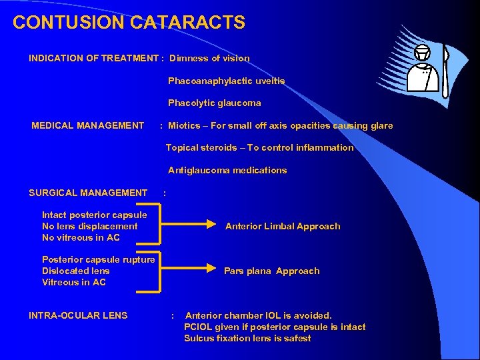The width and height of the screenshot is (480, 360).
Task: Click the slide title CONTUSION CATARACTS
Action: click(129, 23)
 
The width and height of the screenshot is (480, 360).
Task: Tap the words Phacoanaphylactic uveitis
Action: click(226, 81)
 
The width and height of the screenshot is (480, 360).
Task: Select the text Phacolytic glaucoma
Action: click(214, 103)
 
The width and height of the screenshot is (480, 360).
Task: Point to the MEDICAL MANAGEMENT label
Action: click(88, 125)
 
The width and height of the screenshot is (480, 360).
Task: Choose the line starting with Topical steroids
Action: click(259, 147)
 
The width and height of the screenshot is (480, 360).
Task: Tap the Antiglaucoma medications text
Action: click(227, 170)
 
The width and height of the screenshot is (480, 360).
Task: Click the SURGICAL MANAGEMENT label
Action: click(88, 193)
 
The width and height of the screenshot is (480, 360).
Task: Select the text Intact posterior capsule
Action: click(95, 215)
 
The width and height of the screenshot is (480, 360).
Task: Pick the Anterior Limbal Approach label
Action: click(283, 226)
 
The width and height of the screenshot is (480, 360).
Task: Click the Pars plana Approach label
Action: click(271, 271)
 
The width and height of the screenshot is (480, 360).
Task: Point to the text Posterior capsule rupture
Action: click(99, 259)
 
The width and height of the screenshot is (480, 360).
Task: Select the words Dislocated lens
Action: click(76, 271)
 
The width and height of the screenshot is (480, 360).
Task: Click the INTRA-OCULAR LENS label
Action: click(78, 315)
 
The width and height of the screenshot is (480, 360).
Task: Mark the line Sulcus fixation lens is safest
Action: click(247, 338)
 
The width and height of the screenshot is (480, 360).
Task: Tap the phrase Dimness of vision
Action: click(209, 58)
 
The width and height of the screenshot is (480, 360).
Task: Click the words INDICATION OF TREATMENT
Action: click(93, 58)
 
